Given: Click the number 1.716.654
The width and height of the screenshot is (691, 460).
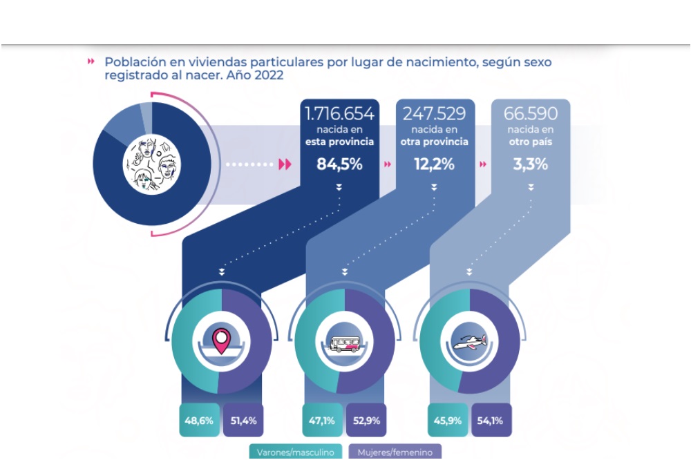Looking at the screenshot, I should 340,113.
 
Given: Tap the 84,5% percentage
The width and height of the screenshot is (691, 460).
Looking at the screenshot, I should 340,164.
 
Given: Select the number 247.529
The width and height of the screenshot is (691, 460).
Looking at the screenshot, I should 434,113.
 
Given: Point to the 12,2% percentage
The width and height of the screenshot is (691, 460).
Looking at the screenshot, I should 434,164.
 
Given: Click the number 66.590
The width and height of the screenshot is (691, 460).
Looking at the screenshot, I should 530,113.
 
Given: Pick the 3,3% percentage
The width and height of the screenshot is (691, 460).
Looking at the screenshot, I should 530,164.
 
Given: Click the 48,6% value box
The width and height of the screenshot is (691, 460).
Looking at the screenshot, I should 199,419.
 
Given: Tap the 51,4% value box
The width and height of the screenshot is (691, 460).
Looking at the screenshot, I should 243,419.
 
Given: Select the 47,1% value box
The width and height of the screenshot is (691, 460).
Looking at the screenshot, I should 322,419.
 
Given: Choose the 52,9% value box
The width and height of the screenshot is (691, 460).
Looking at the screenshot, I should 366,419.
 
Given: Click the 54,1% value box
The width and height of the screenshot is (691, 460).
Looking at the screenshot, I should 491,419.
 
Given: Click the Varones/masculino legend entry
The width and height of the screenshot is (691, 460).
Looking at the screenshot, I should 296,452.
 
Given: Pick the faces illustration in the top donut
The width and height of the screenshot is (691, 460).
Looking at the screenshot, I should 151,164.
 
